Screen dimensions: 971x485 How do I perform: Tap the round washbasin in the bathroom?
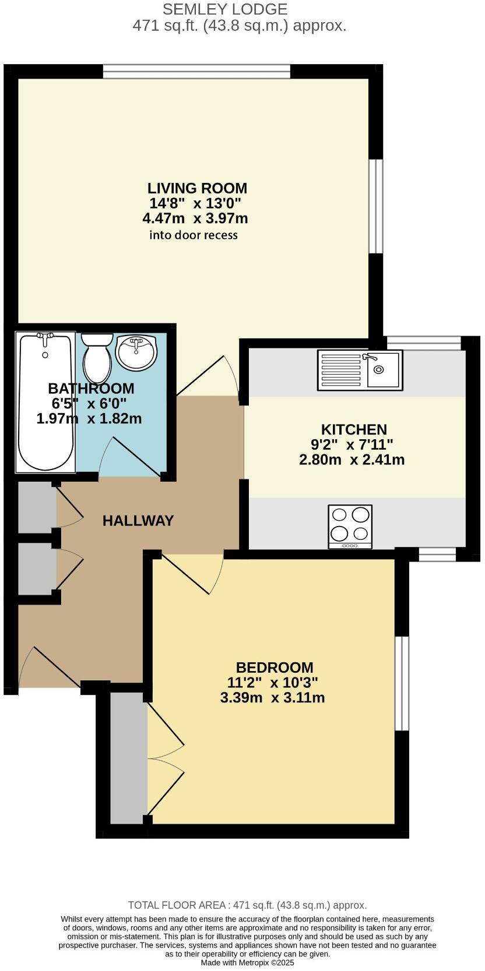click(x=136, y=352)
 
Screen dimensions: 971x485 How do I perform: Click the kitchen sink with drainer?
click(x=360, y=369)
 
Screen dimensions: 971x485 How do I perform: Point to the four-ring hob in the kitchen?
click(x=350, y=525)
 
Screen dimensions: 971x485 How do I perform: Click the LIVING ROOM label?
click(x=197, y=188)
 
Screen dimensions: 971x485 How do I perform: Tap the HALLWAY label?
click(x=138, y=520)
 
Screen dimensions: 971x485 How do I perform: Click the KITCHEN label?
click(x=354, y=429)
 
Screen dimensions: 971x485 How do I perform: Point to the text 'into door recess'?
click(x=194, y=235)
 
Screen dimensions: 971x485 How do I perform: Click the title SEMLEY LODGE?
click(x=224, y=9)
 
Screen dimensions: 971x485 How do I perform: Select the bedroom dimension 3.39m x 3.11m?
click(x=272, y=697)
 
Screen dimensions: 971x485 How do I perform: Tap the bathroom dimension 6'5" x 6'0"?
click(x=90, y=403)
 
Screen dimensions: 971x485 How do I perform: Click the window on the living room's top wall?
click(x=196, y=72)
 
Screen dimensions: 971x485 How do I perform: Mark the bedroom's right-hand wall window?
click(x=402, y=683)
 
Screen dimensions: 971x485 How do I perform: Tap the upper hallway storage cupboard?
click(x=37, y=507)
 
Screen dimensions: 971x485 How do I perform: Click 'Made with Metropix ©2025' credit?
click(x=247, y=963)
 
